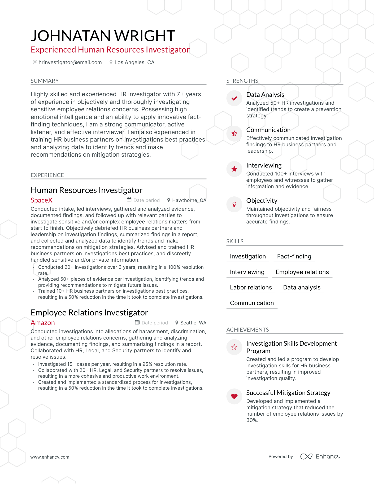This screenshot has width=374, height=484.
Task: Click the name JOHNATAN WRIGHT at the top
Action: click(x=103, y=36)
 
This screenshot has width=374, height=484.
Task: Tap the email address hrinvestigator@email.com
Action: click(x=70, y=62)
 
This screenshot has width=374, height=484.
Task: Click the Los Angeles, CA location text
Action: click(x=134, y=62)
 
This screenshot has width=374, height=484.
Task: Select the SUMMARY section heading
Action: click(x=45, y=81)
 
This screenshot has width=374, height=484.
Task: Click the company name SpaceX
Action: click(x=42, y=200)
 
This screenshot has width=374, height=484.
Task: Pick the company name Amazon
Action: click(x=43, y=323)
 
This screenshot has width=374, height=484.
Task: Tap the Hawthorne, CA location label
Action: click(x=189, y=200)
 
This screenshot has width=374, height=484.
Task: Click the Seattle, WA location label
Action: click(x=193, y=323)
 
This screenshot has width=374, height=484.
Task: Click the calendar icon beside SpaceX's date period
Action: click(x=129, y=200)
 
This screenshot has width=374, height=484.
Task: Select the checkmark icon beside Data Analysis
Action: click(x=234, y=98)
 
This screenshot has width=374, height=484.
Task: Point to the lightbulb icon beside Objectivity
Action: click(x=234, y=204)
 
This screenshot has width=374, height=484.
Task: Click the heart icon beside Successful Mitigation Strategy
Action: click(x=234, y=396)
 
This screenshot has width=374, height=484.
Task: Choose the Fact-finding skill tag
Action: click(x=294, y=256)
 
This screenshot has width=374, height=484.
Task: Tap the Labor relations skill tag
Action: click(x=251, y=287)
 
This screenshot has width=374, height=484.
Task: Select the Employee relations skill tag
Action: click(x=302, y=272)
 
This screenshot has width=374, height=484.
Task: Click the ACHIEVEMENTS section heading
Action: click(x=247, y=329)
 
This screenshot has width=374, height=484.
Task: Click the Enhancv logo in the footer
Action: click(x=320, y=456)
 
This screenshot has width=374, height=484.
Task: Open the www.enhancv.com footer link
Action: click(x=50, y=457)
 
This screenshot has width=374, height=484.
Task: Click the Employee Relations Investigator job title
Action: click(x=89, y=313)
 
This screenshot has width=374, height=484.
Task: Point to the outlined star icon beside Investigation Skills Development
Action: click(x=234, y=347)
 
